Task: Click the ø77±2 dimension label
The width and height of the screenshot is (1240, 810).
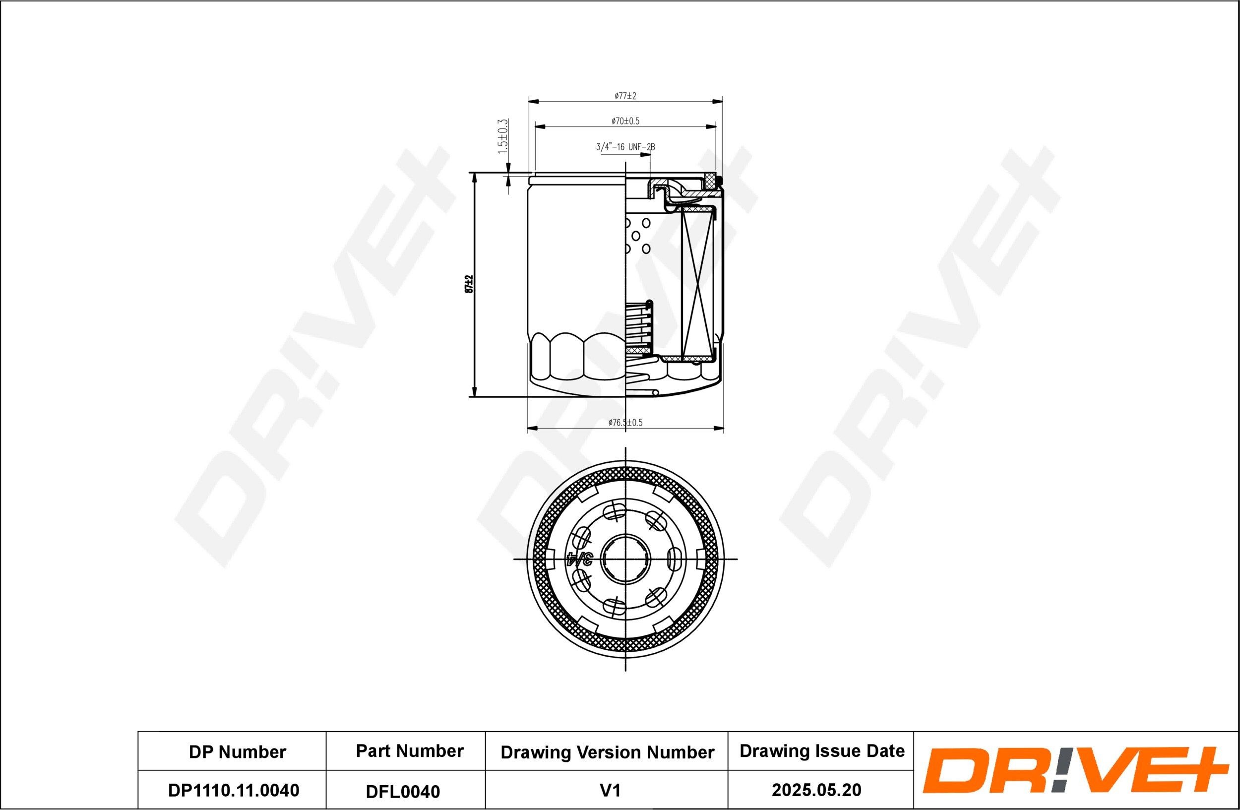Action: pos(625,96)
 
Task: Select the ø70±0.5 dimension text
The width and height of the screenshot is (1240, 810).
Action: pos(625,122)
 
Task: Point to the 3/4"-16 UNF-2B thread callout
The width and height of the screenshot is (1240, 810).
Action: pos(625,147)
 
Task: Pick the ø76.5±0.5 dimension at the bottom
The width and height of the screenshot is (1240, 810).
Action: pos(625,423)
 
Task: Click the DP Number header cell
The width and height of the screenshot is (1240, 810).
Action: pos(237,752)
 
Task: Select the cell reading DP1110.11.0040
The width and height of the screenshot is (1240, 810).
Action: pos(234,790)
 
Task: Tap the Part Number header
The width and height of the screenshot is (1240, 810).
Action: pos(410,751)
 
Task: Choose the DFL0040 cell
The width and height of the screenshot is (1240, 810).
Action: pos(403,792)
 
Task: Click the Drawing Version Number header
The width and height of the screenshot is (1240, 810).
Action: pos(607,752)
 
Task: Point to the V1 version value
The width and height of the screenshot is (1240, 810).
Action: pos(610,791)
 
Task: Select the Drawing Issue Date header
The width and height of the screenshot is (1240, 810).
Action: pos(822,751)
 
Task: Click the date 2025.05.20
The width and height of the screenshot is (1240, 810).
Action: pos(816,790)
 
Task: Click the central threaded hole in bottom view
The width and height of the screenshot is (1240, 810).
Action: pos(625,560)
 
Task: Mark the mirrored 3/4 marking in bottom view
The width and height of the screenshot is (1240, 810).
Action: pos(579,560)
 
